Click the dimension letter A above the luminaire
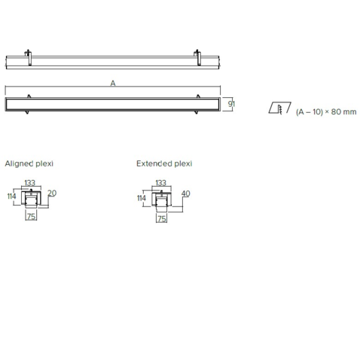[x=113, y=83]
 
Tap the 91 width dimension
[x=231, y=103]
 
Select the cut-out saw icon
[x=279, y=108]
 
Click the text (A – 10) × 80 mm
[x=326, y=111]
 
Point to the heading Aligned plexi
[x=29, y=163]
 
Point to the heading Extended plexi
[x=164, y=163]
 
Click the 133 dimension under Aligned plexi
[x=29, y=183]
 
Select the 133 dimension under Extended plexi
[x=161, y=183]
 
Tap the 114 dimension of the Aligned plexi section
[x=11, y=196]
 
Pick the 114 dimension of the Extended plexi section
[x=142, y=198]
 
